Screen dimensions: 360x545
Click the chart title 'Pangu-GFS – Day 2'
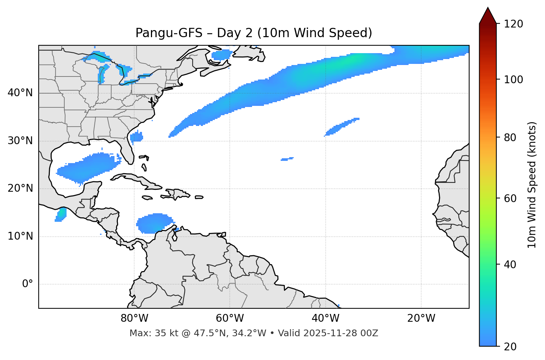click(254, 33)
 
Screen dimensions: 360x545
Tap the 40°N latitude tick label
click(20, 93)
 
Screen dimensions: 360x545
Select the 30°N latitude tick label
click(20, 141)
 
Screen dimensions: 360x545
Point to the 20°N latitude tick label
click(20, 188)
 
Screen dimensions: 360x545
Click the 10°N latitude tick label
click(20, 236)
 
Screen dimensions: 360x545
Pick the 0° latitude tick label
click(28, 284)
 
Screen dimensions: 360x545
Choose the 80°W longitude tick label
click(134, 318)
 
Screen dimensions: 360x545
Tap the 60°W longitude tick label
click(230, 318)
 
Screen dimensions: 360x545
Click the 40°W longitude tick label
click(325, 318)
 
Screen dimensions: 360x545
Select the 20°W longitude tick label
click(421, 318)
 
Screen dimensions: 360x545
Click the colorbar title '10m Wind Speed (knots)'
click(532, 185)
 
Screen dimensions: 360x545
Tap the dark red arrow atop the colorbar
click(488, 16)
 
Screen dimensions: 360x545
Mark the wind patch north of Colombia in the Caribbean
click(154, 223)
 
